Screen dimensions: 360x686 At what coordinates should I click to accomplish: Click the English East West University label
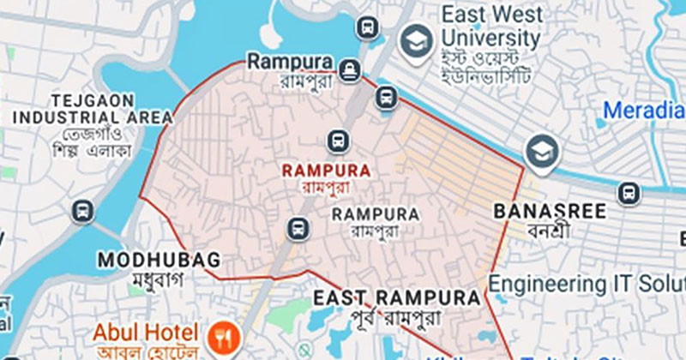pyautogui.click(x=490, y=27)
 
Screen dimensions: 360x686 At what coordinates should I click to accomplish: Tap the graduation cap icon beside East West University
pyautogui.click(x=417, y=39)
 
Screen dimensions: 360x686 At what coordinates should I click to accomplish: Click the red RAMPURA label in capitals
pyautogui.click(x=326, y=171)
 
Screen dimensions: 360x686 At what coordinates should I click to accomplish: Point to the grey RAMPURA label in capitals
pyautogui.click(x=375, y=213)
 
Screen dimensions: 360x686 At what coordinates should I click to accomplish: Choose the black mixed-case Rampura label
pyautogui.click(x=289, y=62)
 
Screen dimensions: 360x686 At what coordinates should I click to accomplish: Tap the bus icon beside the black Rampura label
pyautogui.click(x=349, y=70)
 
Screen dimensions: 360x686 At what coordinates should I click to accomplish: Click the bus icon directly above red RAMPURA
pyautogui.click(x=338, y=140)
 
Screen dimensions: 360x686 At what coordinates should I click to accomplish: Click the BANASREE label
pyautogui.click(x=551, y=211)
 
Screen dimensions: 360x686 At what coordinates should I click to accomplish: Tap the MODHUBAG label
pyautogui.click(x=159, y=259)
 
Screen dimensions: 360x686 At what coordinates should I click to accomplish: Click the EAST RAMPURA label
pyautogui.click(x=397, y=298)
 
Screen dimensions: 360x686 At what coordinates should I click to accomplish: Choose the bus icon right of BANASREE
pyautogui.click(x=629, y=194)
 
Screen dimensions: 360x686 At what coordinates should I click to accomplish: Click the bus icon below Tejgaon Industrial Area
pyautogui.click(x=83, y=210)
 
